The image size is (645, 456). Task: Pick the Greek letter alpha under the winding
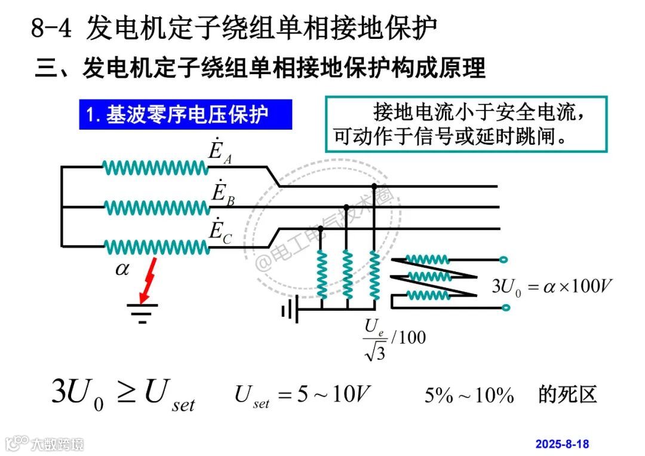[122, 269]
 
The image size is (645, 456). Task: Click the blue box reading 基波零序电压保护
[186, 114]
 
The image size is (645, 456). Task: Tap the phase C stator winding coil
[156, 246]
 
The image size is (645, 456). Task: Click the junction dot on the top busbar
[374, 186]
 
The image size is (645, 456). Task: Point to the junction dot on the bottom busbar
[320, 228]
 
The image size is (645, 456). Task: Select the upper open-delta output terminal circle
[505, 260]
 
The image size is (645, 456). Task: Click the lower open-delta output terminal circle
[505, 308]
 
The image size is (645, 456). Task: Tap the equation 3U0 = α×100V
[552, 285]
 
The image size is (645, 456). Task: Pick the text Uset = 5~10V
[303, 395]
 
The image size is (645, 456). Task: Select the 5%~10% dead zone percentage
[469, 395]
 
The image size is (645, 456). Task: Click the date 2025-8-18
[562, 443]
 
